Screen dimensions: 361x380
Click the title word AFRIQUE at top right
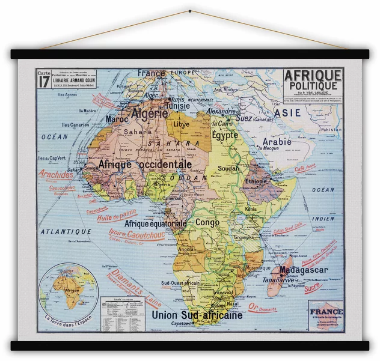tap(313, 76)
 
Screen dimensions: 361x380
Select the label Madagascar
tap(303, 270)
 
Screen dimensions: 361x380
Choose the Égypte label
tap(225, 136)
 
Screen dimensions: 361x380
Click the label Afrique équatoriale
tap(155, 223)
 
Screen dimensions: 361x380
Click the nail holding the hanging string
tap(190, 11)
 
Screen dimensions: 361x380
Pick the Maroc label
tap(118, 119)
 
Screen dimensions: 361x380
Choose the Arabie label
tap(277, 142)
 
